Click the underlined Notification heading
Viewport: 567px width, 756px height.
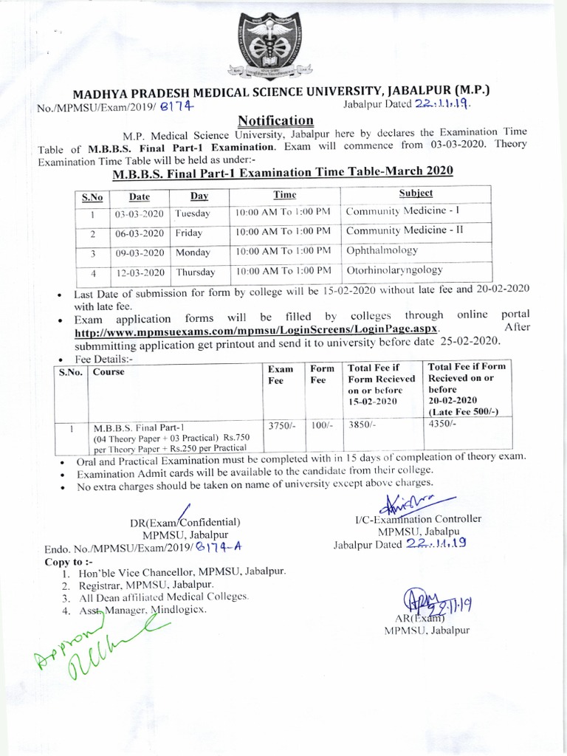click(x=275, y=120)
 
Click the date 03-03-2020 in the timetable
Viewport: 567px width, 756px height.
click(x=140, y=214)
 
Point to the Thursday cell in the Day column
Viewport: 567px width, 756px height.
click(x=195, y=272)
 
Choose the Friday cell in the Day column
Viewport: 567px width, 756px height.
click(x=189, y=233)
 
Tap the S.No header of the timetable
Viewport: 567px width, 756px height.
click(x=92, y=197)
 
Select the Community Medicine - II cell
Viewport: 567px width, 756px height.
click(x=405, y=230)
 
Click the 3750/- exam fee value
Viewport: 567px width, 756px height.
click(x=281, y=426)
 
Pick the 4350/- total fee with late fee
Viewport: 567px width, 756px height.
click(x=443, y=425)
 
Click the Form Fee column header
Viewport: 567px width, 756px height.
click(x=322, y=374)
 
